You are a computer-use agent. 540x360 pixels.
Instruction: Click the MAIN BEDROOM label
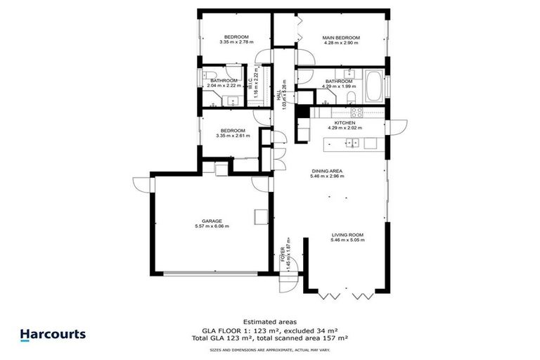coord(341,37)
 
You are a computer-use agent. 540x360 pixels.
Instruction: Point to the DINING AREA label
coord(327,171)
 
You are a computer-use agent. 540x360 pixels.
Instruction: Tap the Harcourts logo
coord(53,335)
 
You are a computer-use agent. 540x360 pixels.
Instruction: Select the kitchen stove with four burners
coord(355,112)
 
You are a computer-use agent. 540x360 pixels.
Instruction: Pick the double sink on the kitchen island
coord(351,143)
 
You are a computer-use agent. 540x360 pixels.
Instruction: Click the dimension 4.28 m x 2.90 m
coord(341,43)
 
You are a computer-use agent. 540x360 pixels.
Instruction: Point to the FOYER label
coord(283,253)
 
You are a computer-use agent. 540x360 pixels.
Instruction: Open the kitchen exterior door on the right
coord(395,127)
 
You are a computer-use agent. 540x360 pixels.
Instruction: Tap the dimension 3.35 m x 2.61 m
coord(232,136)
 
